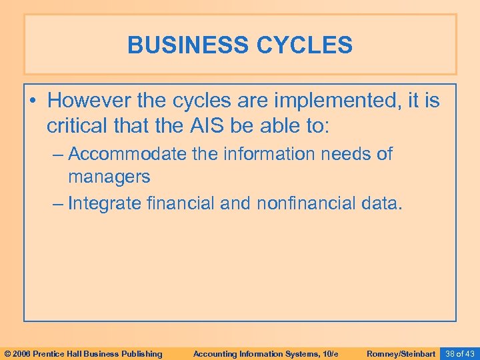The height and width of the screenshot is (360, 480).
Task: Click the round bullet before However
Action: click(x=33, y=102)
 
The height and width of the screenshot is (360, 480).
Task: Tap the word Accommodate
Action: click(x=127, y=154)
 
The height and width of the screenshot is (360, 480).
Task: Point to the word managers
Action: click(x=109, y=177)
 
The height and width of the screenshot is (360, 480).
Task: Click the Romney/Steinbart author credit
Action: click(x=401, y=353)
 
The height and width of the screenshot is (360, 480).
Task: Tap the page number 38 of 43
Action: click(x=459, y=353)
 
